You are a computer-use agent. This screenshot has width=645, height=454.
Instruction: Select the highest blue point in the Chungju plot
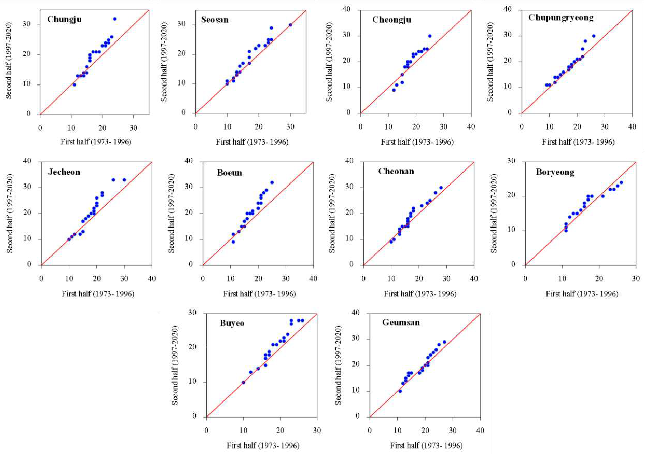pyautogui.click(x=115, y=19)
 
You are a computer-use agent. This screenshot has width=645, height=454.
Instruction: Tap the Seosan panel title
pyautogui.click(x=215, y=20)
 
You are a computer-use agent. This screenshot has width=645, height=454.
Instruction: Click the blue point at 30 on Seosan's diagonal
pyautogui.click(x=290, y=25)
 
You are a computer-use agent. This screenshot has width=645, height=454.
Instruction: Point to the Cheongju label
pyautogui.click(x=392, y=20)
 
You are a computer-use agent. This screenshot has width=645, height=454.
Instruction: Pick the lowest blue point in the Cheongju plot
pyautogui.click(x=394, y=90)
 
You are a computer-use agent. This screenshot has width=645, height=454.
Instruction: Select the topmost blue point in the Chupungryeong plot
pyautogui.click(x=594, y=36)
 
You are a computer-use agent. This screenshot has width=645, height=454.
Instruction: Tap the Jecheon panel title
pyautogui.click(x=64, y=172)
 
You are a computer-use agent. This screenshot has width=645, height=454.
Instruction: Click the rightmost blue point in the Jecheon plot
pyautogui.click(x=124, y=180)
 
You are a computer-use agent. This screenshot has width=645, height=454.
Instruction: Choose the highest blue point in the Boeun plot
pyautogui.click(x=272, y=182)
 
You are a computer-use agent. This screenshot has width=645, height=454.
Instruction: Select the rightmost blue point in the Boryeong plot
pyautogui.click(x=621, y=182)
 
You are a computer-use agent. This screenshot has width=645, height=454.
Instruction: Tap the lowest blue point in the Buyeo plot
pyautogui.click(x=243, y=382)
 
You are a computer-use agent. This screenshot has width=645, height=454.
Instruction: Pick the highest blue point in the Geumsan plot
pyautogui.click(x=444, y=342)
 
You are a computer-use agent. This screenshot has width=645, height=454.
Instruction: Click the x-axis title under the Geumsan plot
pyautogui.click(x=426, y=446)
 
